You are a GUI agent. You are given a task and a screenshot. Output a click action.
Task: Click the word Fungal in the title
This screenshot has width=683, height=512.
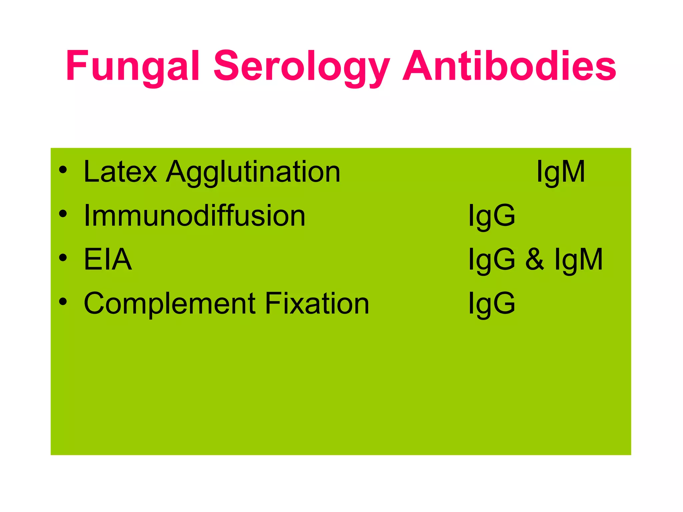(x=133, y=66)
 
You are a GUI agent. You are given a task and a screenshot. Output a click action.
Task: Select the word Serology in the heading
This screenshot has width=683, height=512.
(x=301, y=66)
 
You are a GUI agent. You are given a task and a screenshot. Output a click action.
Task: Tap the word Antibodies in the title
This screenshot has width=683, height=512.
(x=509, y=66)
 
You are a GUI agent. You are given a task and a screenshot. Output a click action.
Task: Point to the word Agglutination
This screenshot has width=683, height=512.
(x=253, y=173)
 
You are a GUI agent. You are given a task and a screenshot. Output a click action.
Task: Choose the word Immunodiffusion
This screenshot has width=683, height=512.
(x=194, y=216)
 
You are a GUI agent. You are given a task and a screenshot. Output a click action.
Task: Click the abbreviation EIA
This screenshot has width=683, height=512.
(x=108, y=259)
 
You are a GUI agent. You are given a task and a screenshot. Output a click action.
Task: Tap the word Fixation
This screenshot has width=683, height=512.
(x=317, y=303)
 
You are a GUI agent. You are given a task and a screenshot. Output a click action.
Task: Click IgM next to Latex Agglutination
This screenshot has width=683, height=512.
(x=561, y=173)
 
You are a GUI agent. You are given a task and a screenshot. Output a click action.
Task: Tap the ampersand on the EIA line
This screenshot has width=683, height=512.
(x=535, y=259)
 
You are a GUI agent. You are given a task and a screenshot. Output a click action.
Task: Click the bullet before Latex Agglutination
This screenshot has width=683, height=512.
(x=63, y=170)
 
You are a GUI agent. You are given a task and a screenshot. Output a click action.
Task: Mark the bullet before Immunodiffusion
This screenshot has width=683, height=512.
(x=63, y=214)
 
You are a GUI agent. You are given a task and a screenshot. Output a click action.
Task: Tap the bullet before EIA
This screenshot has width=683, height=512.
(x=63, y=258)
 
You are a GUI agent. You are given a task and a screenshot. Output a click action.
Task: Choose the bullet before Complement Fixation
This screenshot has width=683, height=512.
(x=63, y=302)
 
